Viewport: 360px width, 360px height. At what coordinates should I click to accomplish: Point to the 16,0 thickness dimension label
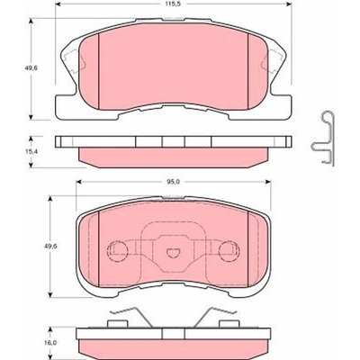[x=51, y=343]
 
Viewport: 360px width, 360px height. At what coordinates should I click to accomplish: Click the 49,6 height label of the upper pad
[x=31, y=68]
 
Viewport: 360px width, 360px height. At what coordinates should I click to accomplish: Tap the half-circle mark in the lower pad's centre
[x=173, y=253]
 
